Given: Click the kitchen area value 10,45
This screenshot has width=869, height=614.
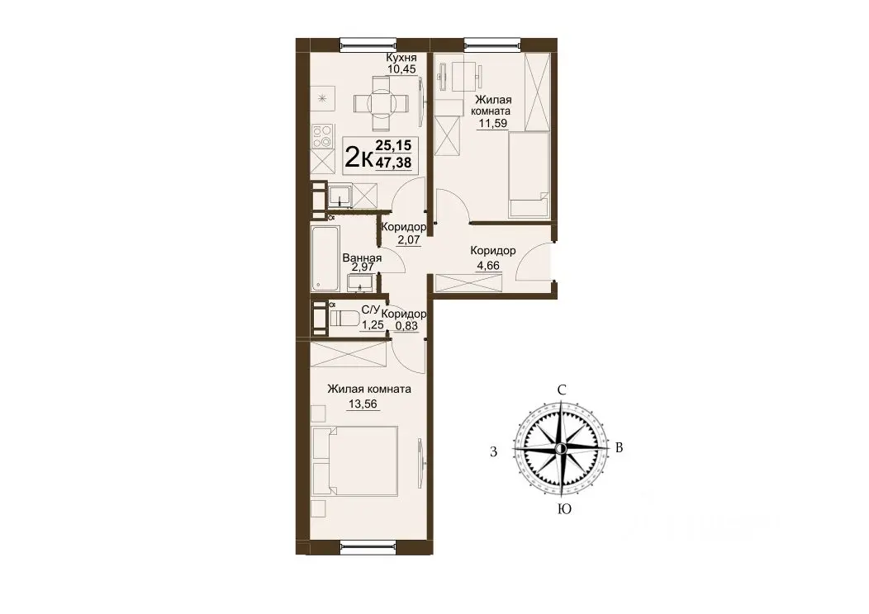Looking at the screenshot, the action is tap(401, 69).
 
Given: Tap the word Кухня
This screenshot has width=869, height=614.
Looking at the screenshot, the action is tap(401, 58).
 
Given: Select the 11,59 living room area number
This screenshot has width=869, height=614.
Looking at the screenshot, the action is tap(492, 124).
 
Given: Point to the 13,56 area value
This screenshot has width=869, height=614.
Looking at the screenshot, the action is tap(363, 404).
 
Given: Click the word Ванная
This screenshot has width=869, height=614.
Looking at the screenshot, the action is tap(362, 258).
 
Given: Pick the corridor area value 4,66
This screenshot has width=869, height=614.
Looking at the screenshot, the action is tap(488, 266).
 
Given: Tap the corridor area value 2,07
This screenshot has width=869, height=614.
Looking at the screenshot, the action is tap(408, 240).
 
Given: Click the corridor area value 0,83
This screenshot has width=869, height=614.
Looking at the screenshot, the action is tap(406, 326).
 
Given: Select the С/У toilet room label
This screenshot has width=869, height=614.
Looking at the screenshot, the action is tap(371, 309).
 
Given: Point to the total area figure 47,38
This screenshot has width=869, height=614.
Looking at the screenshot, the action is tap(393, 163).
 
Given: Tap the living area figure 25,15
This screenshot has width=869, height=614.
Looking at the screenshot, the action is tap(393, 145).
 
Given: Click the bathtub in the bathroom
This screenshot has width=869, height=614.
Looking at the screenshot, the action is tap(325, 258).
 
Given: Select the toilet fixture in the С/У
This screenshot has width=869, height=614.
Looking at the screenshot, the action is tap(344, 319).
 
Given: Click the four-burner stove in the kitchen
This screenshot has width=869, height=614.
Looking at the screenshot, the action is tap(322, 136).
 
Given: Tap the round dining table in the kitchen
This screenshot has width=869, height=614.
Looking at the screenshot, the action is tap(381, 103).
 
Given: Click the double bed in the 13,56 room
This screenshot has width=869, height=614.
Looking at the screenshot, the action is tap(355, 461).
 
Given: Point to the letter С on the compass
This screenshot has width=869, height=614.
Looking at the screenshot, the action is tap(562, 390).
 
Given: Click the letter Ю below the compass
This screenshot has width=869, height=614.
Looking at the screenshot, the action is tap(564, 509).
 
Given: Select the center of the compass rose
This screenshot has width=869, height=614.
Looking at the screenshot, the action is tap(561, 448).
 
